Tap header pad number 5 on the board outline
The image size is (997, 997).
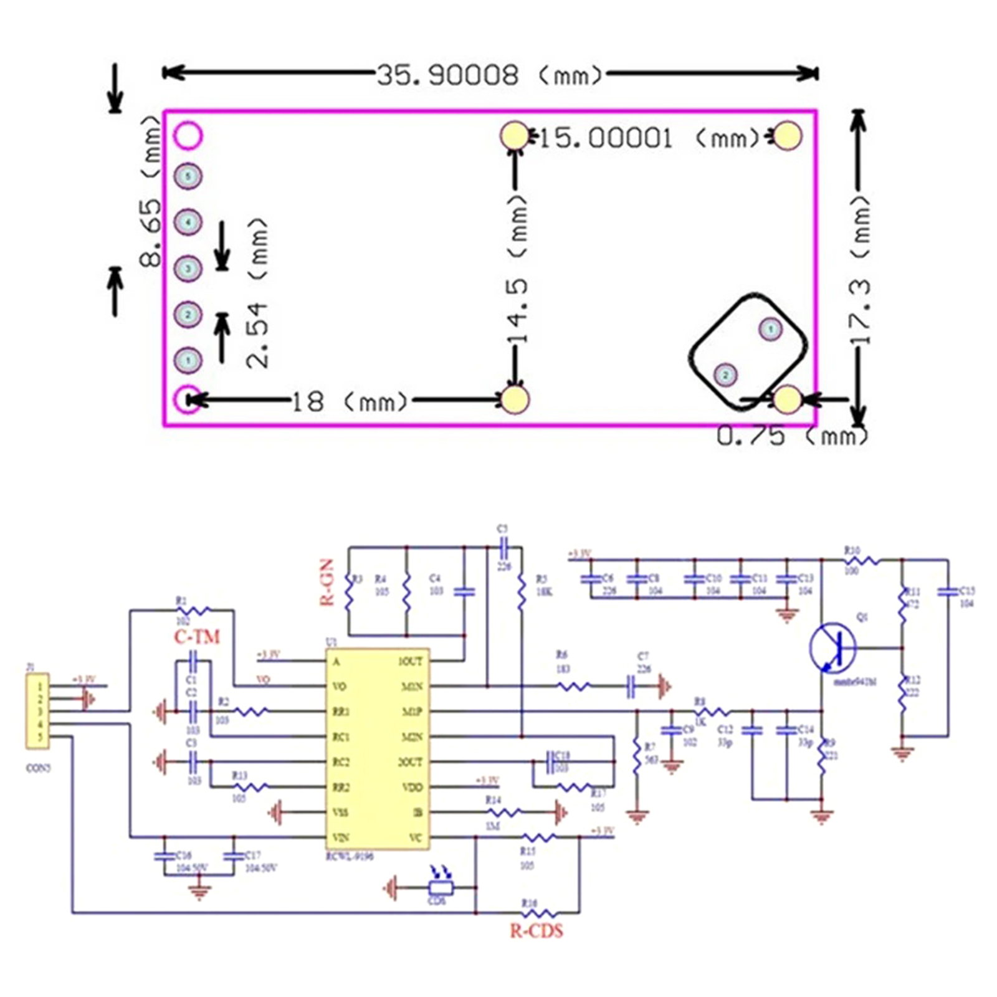pos(188,176)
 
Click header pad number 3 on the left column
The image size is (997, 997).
pos(188,269)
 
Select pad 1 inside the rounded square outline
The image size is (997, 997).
pos(771,328)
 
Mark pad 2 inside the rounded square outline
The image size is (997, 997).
pos(725,374)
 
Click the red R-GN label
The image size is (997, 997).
pos(327,582)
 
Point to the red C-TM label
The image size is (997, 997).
pos(197,637)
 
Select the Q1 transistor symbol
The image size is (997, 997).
pos(833,648)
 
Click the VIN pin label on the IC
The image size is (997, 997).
pos(341,837)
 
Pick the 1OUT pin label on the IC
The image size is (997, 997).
pos(410,661)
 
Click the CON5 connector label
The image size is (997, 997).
pos(38,768)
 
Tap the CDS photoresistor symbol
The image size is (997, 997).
pos(440,887)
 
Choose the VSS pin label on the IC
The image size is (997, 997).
pos(341,812)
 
